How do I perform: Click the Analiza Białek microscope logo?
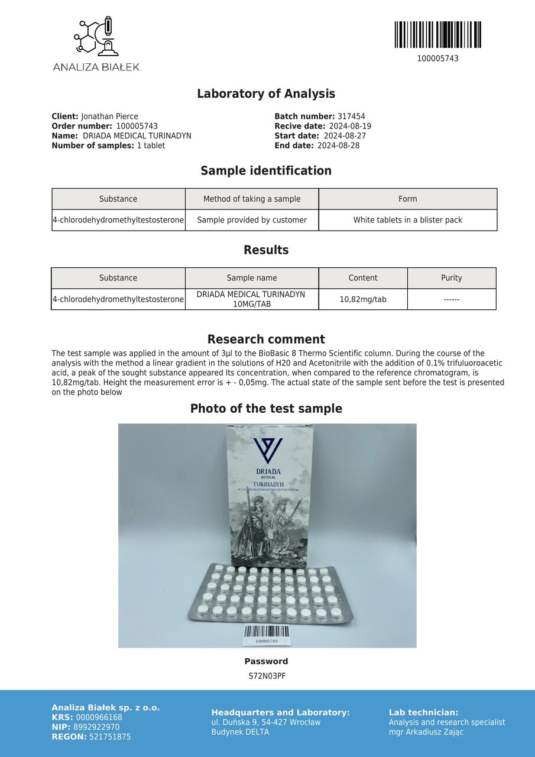coord(95,37)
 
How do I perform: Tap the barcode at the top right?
coord(437,35)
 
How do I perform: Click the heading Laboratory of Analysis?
coord(266,93)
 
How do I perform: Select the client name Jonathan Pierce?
coord(109,117)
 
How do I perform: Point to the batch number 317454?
coord(351,117)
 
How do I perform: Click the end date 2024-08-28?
coord(338,145)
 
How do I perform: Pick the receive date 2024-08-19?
coord(350,126)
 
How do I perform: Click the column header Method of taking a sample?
coord(252,199)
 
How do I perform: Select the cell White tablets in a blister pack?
coord(407,220)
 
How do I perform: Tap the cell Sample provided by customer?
coord(252,220)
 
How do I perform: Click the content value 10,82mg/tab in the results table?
coord(363,299)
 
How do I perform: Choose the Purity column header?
coord(452,278)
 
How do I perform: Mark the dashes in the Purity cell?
coord(452,299)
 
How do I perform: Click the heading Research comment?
coord(266,339)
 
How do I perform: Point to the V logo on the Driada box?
coord(268,451)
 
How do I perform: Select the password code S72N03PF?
coord(267,676)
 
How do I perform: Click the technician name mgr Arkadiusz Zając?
coord(426,732)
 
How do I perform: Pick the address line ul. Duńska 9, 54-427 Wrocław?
coord(266,722)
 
